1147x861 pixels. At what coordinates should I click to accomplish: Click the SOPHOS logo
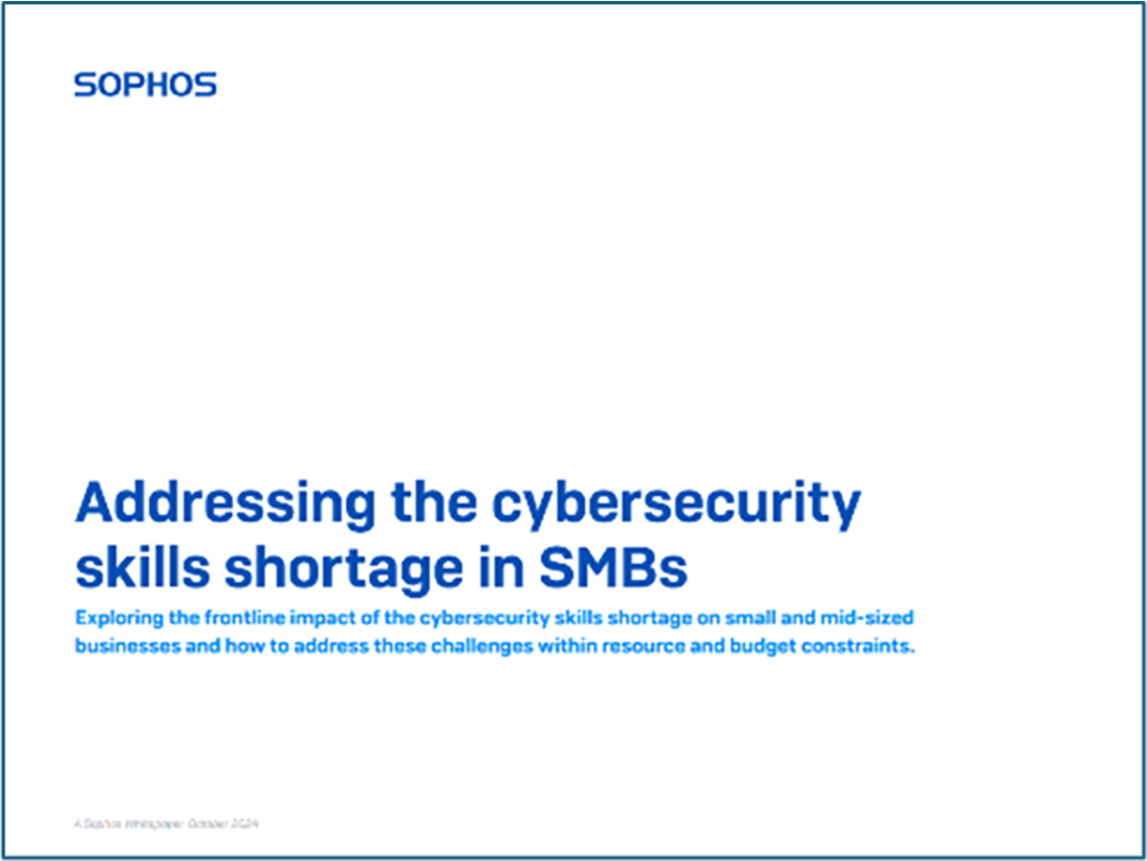coord(145,85)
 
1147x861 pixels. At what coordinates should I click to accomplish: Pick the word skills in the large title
coord(129,568)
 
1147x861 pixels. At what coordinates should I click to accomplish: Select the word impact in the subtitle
coord(299,619)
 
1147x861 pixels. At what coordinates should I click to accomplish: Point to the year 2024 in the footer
coord(247,823)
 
